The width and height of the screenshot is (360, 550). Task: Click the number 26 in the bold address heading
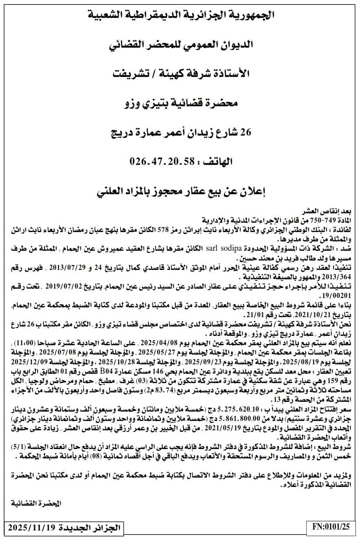[x=246, y=132]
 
